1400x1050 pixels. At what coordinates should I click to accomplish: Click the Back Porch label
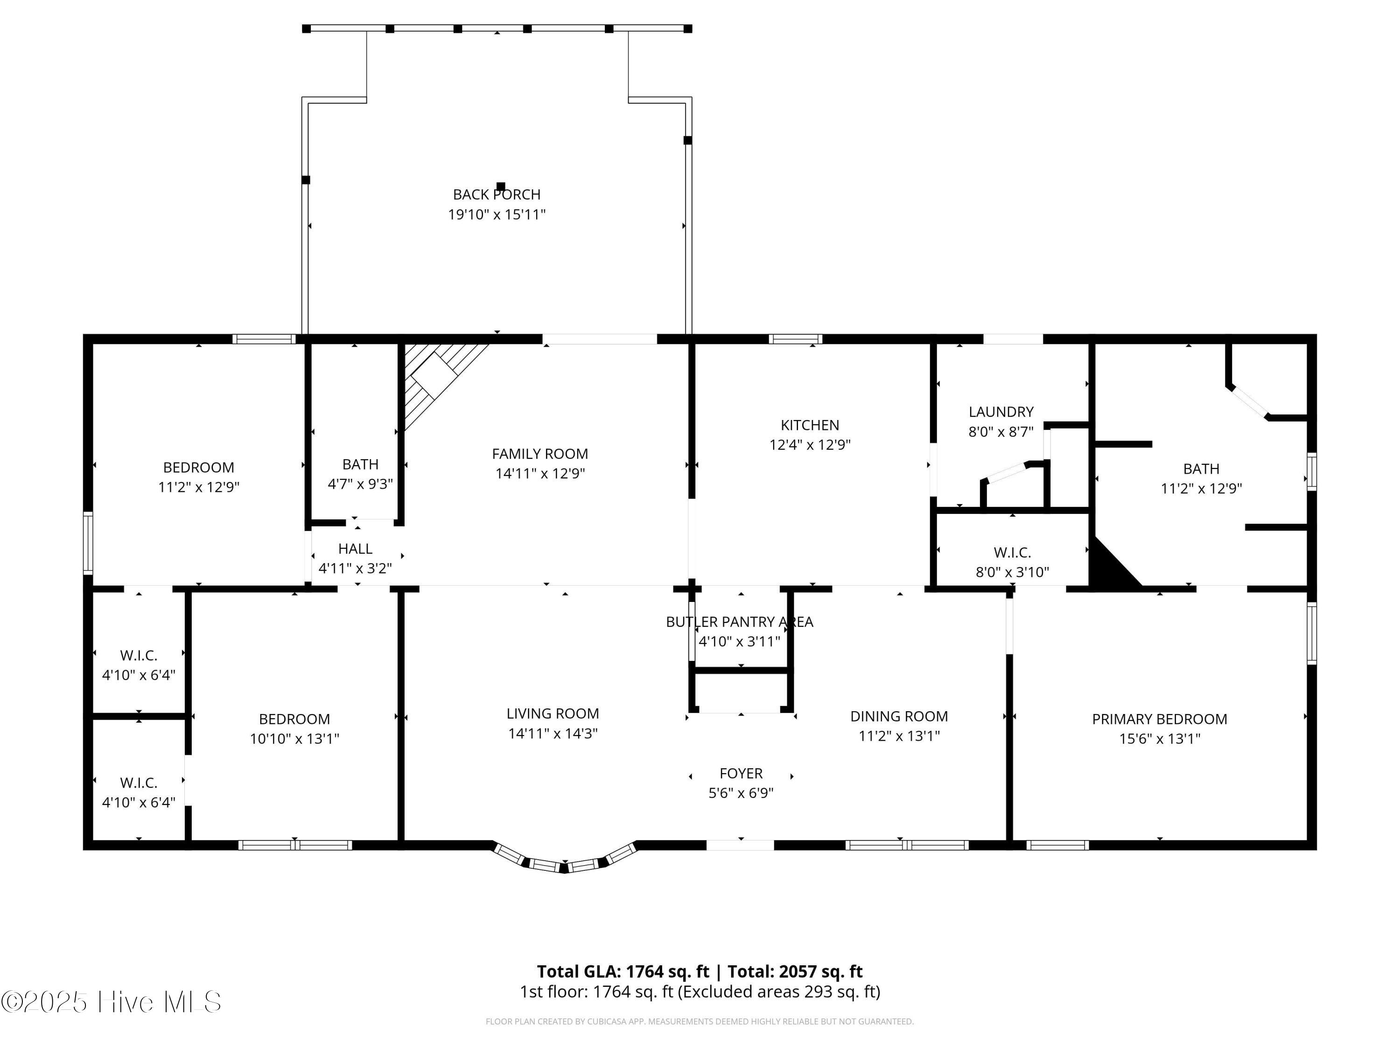(x=497, y=194)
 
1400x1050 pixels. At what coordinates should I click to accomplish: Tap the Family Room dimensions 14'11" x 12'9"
(x=540, y=473)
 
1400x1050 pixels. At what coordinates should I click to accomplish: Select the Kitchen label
(x=810, y=425)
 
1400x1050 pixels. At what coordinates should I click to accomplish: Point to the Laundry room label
(x=1001, y=412)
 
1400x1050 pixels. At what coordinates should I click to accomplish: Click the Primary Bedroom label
(x=1160, y=719)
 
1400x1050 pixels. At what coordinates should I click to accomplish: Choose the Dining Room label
(x=899, y=716)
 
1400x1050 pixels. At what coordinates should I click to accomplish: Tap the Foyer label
(x=741, y=773)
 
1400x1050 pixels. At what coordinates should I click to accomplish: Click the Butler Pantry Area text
(x=740, y=622)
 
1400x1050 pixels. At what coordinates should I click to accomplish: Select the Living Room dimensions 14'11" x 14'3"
(x=553, y=734)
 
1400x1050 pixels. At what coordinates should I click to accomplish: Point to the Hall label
(x=355, y=549)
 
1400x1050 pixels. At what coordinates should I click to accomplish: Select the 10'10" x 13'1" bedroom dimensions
(x=294, y=739)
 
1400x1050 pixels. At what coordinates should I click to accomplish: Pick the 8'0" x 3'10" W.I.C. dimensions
(x=1012, y=572)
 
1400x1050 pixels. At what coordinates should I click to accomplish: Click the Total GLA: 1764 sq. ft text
(x=623, y=972)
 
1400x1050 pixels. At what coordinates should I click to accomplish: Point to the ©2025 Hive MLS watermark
(x=112, y=1002)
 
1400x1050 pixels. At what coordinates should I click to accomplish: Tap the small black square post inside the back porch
(x=501, y=186)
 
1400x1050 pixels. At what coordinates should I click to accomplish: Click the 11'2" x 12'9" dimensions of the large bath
(x=1201, y=489)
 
